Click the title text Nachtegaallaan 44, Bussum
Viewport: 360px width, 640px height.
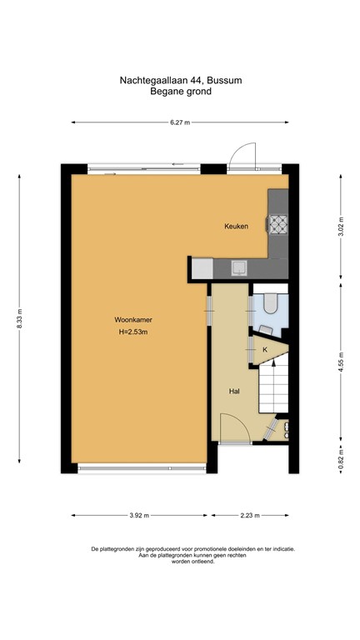click(180, 81)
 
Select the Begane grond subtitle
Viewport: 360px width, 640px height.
click(180, 92)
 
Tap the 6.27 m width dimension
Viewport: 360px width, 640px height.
click(180, 122)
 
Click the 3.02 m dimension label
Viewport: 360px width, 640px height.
click(341, 227)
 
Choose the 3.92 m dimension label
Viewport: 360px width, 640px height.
click(140, 516)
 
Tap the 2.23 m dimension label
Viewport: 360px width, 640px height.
click(249, 516)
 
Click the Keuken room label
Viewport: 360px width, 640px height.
click(236, 227)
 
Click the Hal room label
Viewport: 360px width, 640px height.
click(235, 390)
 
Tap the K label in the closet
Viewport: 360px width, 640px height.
click(265, 350)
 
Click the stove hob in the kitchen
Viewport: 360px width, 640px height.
click(276, 223)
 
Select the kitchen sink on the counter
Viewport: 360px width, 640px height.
click(239, 268)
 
